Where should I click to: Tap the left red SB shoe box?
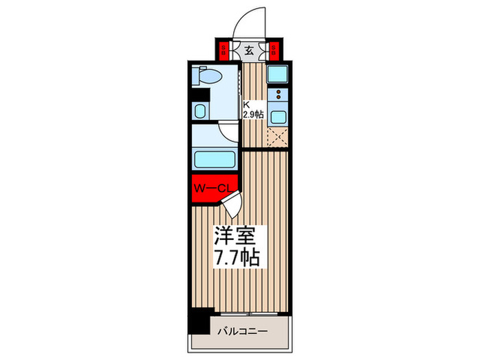tap(224, 50)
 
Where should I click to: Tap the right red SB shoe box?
tap(273, 50)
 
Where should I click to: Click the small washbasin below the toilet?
tap(200, 111)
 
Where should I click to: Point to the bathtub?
tap(215, 160)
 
